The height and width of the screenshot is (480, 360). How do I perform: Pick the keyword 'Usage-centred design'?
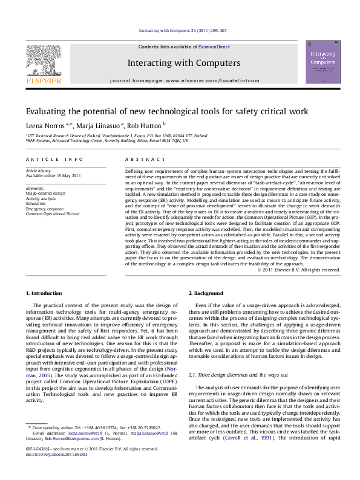pyautogui.click(x=45, y=193)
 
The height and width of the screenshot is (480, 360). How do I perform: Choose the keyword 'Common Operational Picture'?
pyautogui.click(x=52, y=213)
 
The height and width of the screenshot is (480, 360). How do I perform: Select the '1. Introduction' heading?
pyautogui.click(x=45, y=293)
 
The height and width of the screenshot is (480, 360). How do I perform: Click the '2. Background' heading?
pyautogui.click(x=206, y=293)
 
